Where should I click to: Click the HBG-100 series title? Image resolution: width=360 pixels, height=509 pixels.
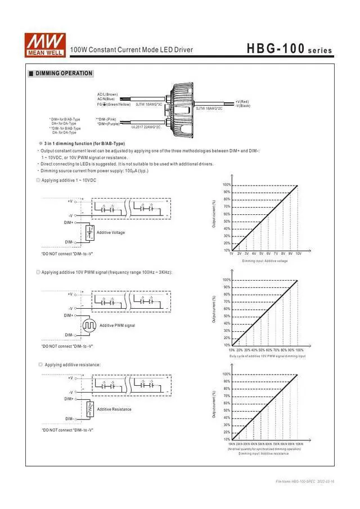click(289, 49)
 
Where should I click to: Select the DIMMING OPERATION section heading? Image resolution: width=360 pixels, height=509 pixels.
click(64, 74)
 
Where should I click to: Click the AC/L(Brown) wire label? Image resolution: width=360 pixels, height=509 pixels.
click(107, 94)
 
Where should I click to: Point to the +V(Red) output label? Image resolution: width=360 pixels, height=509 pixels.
click(243, 102)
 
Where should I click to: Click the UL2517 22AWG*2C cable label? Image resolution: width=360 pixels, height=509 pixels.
click(146, 127)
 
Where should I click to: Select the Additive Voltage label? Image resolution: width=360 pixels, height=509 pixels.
click(111, 232)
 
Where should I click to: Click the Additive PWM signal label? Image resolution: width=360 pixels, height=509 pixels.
click(117, 326)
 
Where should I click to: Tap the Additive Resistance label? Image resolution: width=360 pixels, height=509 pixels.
click(114, 409)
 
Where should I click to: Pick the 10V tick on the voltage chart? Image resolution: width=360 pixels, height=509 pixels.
click(298, 254)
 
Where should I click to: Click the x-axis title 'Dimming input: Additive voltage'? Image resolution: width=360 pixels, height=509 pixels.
click(265, 261)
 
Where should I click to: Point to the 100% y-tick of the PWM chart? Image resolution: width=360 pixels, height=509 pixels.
click(227, 280)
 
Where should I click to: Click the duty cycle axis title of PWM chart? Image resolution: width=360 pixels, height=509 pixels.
click(267, 356)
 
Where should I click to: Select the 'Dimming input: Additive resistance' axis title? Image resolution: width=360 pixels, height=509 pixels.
click(264, 453)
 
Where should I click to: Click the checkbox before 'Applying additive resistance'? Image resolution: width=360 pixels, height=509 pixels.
click(40, 364)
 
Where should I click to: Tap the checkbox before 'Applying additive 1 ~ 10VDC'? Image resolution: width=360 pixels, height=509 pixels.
click(38, 180)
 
